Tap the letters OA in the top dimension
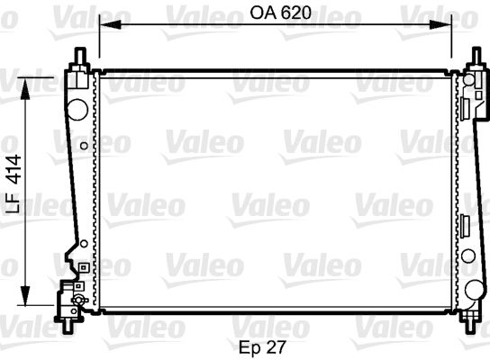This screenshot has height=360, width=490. [261, 13]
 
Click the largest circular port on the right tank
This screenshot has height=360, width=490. [474, 289]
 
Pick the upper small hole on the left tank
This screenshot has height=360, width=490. [84, 144]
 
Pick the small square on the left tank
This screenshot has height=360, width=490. [81, 267]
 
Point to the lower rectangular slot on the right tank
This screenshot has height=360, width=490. [466, 225]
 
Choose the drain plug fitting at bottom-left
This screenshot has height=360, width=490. [68, 296]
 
